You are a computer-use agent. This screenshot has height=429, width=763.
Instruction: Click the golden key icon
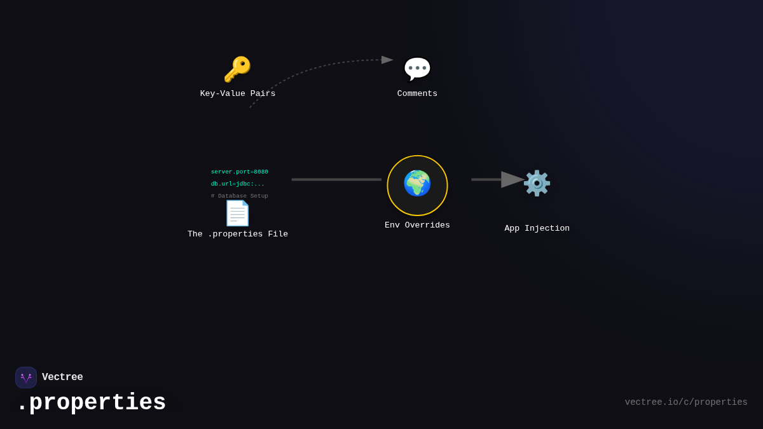click(237, 69)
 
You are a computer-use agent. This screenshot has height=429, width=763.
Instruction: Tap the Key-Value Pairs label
click(238, 94)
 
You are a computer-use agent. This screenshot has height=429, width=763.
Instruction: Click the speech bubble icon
click(417, 69)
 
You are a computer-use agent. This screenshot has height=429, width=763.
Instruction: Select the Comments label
click(417, 94)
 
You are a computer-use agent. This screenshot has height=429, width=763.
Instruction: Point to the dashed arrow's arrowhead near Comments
click(387, 60)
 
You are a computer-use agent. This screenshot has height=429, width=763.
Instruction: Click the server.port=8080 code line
click(240, 172)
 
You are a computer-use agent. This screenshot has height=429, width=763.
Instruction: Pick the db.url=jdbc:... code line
click(238, 184)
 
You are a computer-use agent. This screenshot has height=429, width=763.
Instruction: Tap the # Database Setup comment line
click(240, 196)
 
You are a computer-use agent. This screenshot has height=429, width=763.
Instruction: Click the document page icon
click(237, 214)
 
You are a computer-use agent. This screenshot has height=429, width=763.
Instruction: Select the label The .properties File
click(238, 235)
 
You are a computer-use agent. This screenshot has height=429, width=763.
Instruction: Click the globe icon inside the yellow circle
click(417, 184)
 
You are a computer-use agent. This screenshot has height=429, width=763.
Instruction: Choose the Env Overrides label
click(417, 226)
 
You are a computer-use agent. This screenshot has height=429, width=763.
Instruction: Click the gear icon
click(537, 183)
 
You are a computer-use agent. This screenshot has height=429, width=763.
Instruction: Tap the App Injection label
click(537, 229)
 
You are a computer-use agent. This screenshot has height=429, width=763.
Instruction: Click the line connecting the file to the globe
click(336, 180)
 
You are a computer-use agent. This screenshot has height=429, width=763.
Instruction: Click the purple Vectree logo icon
click(26, 378)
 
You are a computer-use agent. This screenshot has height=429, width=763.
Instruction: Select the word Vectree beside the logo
click(62, 378)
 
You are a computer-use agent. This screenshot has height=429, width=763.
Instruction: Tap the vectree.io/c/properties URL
click(686, 402)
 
